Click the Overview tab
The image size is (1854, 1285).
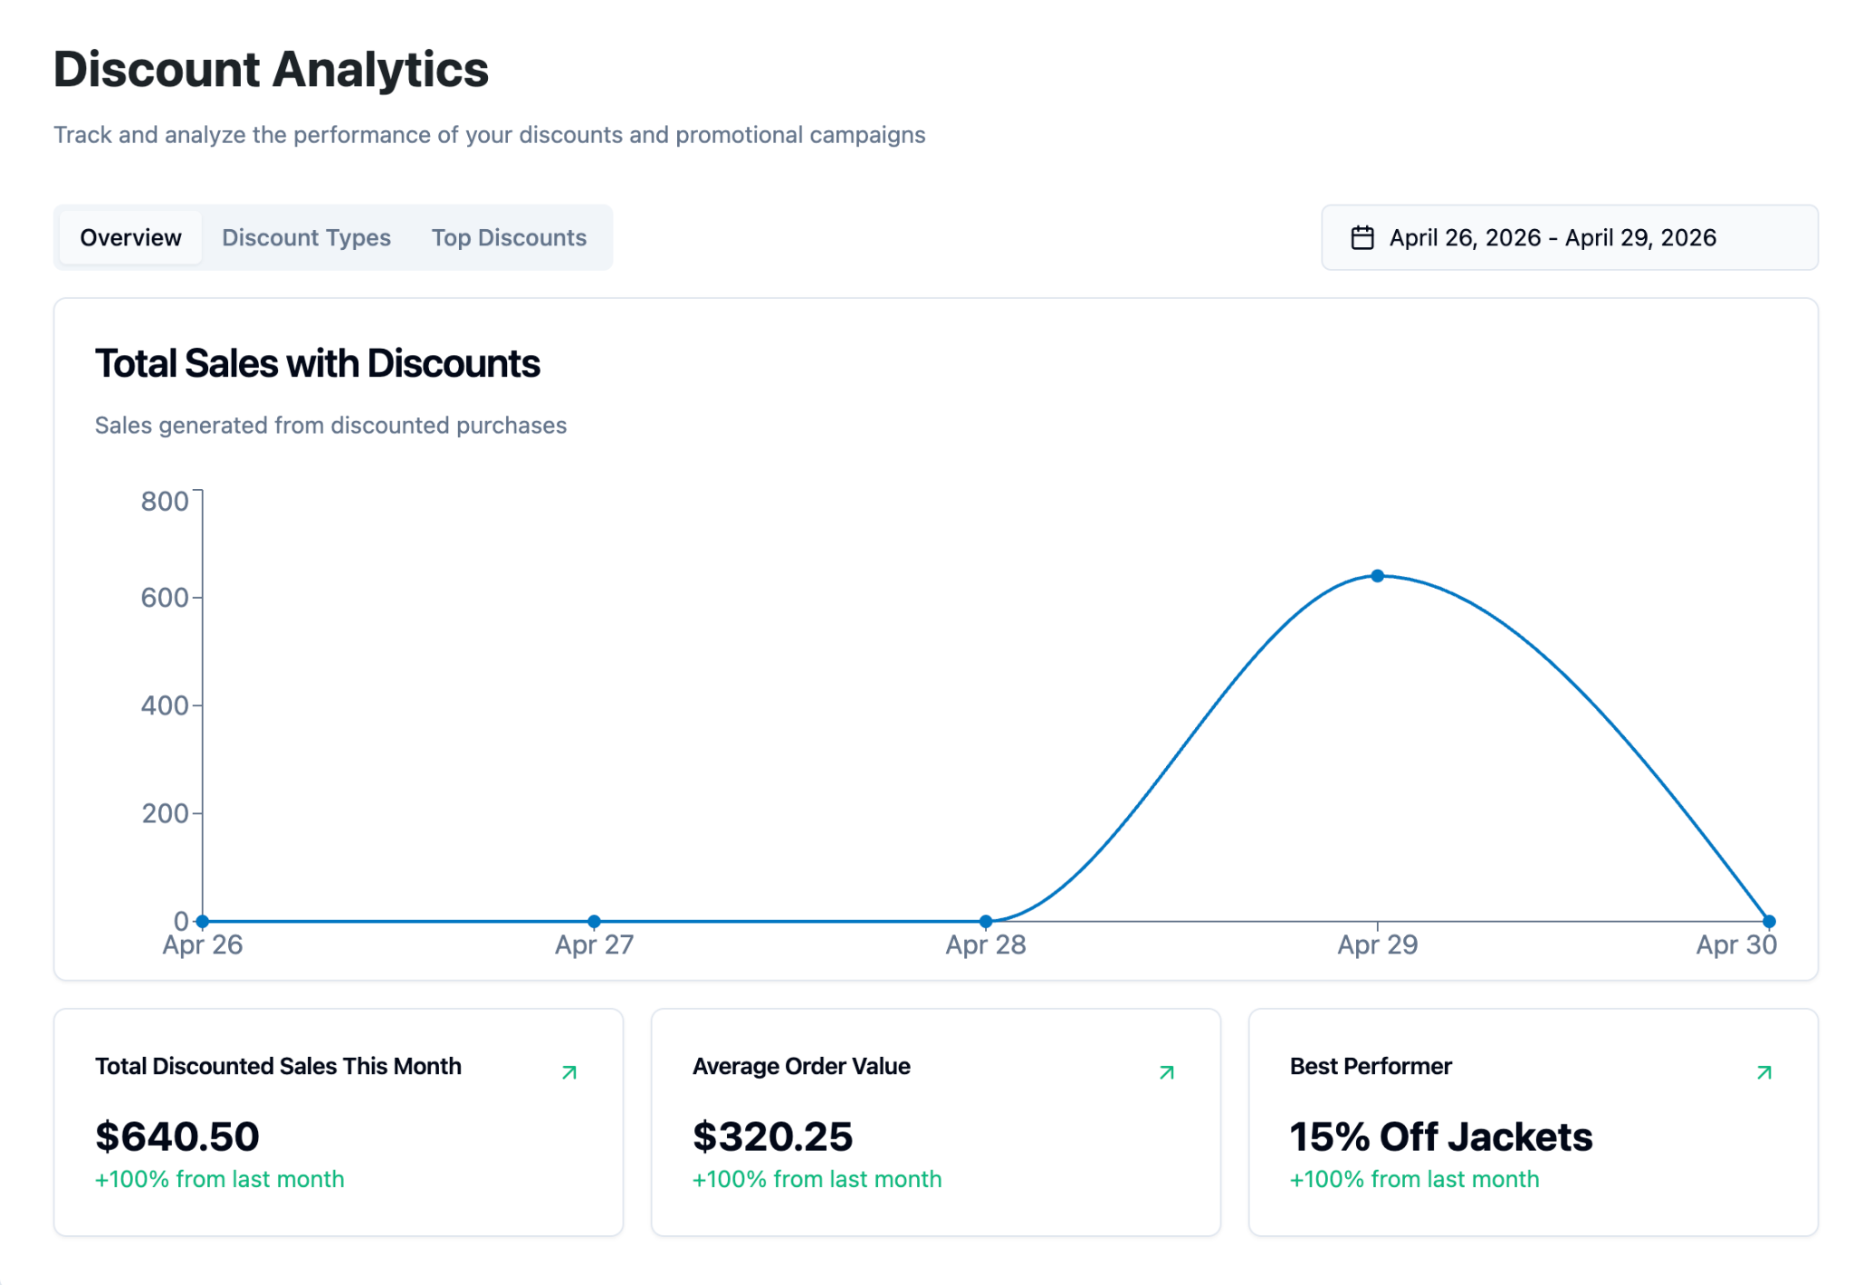coord(130,237)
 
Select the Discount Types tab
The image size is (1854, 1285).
coord(306,237)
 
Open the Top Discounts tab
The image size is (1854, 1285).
coord(509,237)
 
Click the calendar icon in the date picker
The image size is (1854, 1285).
coord(1362,237)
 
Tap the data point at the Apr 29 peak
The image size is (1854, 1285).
coord(1377,576)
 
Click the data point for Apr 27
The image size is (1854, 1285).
coord(594,921)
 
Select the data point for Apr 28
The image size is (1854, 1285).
coord(986,921)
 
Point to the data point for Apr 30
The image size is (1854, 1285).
coord(1769,921)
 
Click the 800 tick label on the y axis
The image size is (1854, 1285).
coord(165,501)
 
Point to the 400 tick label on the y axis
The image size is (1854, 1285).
coord(165,705)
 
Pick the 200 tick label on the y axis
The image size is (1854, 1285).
coord(165,813)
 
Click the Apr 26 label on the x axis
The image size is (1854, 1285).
coord(203,945)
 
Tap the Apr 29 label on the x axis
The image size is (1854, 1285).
coord(1378,945)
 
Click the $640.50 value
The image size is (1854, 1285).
coord(177,1136)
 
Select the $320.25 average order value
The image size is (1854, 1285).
coord(772,1136)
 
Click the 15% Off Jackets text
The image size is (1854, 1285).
coord(1441,1136)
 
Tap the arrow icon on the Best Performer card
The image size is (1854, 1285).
coord(1763,1073)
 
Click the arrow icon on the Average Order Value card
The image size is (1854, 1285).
coord(1166,1073)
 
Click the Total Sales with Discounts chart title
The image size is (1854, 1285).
coord(318,364)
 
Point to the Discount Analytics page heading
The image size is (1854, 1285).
coord(272,70)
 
